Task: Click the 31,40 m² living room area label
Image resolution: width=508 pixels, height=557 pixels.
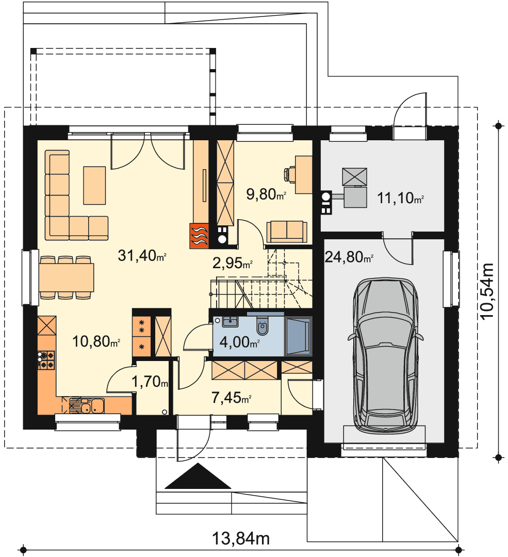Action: point(142,255)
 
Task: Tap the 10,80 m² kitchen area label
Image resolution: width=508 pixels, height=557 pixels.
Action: point(96,341)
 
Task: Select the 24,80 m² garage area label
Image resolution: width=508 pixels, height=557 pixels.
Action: point(349,257)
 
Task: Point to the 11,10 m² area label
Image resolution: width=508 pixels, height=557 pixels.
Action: point(400,198)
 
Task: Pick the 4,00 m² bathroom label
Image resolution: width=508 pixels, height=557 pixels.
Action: point(239,342)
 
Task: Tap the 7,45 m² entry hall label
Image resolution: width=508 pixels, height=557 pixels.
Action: point(231,398)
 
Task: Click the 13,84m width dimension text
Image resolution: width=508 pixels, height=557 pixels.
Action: point(241,538)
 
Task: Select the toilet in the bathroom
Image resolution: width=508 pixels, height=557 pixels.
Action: point(263,325)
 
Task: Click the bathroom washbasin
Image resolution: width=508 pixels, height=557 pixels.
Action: point(230,321)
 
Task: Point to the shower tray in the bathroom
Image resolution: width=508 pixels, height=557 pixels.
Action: point(298,336)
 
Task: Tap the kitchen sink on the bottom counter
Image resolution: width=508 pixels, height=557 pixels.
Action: point(92,405)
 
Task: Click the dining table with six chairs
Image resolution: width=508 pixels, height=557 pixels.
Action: point(67,277)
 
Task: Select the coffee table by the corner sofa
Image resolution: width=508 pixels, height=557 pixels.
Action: point(94,186)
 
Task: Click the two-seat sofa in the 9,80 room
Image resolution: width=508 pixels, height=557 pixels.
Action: point(287,232)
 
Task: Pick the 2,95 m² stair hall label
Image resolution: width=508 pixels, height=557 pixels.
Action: point(232,263)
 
